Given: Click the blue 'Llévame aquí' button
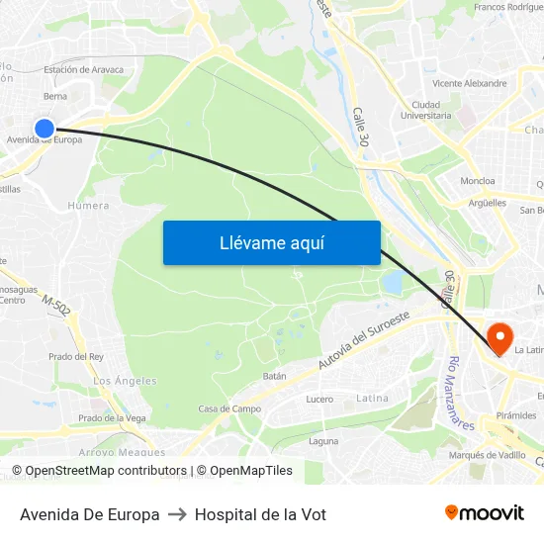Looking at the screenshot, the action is (271, 242).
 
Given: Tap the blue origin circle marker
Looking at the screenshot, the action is (45, 128).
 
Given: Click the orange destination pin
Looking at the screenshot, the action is (500, 339).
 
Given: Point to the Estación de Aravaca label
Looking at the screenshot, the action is (84, 70).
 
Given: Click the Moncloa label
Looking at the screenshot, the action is (478, 181).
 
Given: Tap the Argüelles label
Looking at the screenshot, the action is (487, 203).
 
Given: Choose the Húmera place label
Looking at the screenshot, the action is (88, 206).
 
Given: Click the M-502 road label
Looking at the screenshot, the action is (56, 307).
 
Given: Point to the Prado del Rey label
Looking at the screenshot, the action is (76, 356).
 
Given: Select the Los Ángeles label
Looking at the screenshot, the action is (125, 381).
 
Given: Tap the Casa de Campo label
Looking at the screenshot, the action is (229, 408).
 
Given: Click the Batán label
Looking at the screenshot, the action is (274, 376).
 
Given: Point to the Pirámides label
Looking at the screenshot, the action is (516, 415).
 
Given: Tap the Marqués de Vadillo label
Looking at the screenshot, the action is (487, 455).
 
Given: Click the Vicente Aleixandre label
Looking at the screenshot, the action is (469, 83).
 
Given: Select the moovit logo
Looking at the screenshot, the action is (484, 513).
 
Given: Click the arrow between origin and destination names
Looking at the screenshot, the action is (177, 514).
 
